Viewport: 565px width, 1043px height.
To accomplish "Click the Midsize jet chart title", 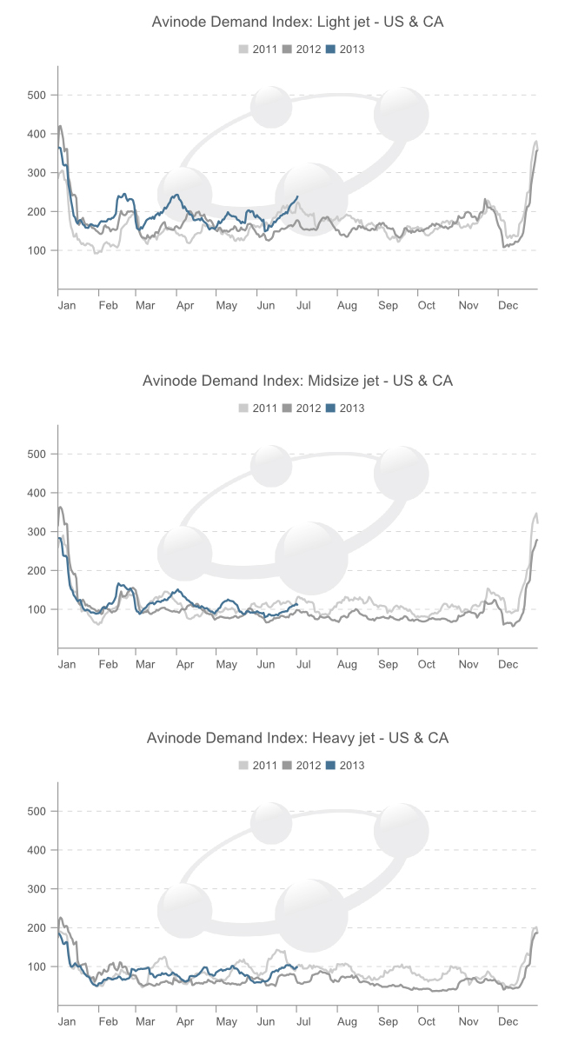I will [297, 381].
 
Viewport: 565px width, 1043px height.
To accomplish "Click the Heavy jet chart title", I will [297, 738].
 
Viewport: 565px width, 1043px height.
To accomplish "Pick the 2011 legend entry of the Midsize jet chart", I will [258, 408].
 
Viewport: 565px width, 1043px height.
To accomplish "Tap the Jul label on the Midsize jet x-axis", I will [303, 664].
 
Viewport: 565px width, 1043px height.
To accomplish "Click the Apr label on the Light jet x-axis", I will [184, 306].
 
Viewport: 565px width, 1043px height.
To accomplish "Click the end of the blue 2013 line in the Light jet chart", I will [298, 196].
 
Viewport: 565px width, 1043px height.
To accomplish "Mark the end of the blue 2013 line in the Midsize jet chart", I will [297, 604].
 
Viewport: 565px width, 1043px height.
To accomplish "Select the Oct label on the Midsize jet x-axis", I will [427, 664].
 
